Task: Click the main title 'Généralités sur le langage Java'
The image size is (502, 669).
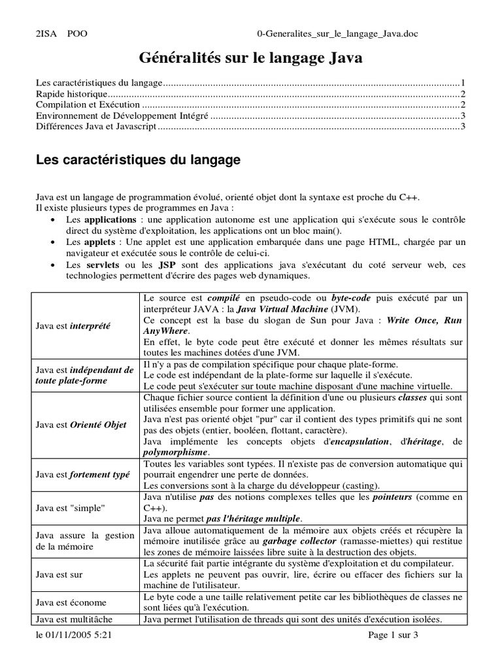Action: pos(250,58)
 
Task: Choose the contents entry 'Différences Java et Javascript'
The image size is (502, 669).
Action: pos(96,126)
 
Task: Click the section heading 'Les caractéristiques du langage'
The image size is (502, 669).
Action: pos(138,159)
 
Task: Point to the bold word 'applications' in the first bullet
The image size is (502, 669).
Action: pos(110,220)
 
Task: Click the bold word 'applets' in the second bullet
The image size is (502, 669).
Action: pos(101,242)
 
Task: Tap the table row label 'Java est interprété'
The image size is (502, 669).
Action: pos(73,325)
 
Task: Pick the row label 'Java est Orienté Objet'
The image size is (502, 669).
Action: pos(81,425)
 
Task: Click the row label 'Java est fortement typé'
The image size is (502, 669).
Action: pos(83,475)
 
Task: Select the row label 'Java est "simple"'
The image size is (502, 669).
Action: pos(71,508)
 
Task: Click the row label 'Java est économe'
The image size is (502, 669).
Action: pos(71,602)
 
